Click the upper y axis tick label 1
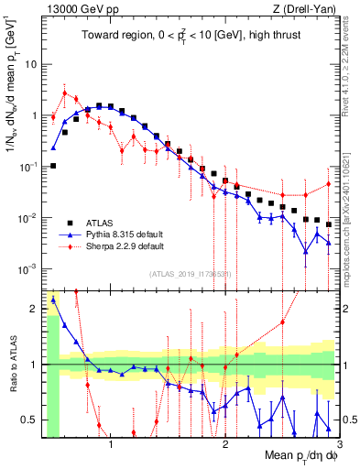[33, 116]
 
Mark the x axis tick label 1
[112, 444]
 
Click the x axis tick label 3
[339, 444]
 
